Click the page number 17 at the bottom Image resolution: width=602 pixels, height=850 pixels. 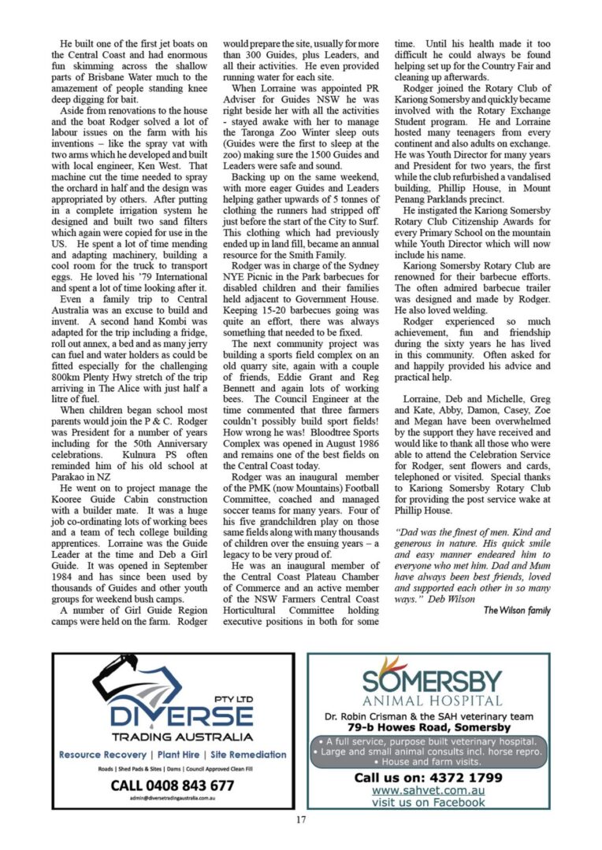(x=301, y=819)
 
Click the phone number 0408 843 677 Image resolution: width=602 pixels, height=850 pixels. (x=173, y=785)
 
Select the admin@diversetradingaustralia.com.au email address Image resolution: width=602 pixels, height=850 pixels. (x=173, y=798)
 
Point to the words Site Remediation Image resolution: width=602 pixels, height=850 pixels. (x=247, y=754)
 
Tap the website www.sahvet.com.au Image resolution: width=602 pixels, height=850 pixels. (x=428, y=790)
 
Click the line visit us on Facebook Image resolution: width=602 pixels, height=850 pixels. (x=429, y=803)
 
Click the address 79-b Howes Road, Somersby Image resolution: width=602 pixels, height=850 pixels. (x=428, y=728)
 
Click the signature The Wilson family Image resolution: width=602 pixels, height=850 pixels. (x=517, y=610)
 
